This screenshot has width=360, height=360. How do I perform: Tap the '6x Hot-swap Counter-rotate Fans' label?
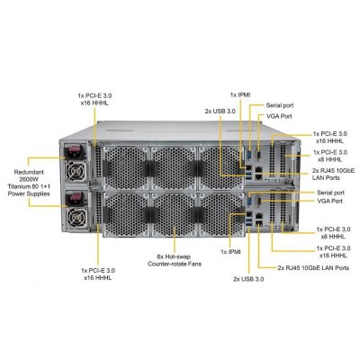175,260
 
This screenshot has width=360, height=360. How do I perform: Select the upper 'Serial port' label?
280,105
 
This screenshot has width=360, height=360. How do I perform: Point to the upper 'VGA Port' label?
279,116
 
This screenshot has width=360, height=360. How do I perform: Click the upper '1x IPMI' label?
240,94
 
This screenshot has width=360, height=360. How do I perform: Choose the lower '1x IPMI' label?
230,252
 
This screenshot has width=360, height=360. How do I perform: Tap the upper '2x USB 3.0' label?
220,111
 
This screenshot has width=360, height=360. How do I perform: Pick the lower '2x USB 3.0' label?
248,279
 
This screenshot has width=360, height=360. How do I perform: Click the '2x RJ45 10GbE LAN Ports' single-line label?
313,267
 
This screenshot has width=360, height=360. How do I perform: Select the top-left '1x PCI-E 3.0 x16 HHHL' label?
94,99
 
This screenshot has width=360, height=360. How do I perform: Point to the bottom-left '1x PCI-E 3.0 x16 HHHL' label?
98,274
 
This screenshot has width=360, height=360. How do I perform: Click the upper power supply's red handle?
75,153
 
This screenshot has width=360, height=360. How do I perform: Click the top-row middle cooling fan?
175,168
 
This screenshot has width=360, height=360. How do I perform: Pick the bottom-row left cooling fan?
126,214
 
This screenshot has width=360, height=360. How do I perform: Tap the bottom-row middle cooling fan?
175,214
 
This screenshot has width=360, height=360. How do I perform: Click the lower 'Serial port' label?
330,193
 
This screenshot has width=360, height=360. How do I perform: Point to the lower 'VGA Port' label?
329,201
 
